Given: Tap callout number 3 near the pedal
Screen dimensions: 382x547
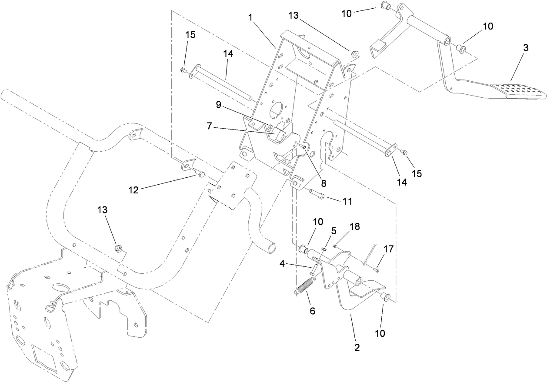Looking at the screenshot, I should tap(525, 48).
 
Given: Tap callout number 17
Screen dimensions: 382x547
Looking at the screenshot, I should tap(388, 249).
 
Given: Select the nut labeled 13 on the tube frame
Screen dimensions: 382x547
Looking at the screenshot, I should tap(117, 249).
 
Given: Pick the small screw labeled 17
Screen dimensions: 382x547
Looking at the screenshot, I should tap(376, 270).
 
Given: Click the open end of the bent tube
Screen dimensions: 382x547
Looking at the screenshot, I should tap(271, 248).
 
